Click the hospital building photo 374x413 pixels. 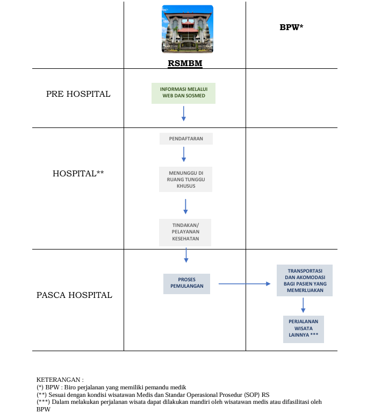188,29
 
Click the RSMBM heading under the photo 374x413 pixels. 185,63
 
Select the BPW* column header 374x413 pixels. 291,27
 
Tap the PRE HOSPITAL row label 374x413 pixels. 78,94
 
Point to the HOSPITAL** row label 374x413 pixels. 78,173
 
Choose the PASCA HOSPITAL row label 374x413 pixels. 74,295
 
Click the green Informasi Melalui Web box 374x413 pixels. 183,93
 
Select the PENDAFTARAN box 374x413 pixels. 186,139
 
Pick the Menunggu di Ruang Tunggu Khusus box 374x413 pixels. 185,180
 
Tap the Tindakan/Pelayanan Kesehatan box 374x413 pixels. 185,232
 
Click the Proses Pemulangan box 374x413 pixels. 186,284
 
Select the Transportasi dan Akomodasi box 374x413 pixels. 305,280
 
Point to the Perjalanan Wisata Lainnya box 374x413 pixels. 304,329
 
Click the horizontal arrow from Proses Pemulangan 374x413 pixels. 244,284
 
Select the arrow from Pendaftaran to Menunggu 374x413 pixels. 184,154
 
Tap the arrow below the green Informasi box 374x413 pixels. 184,113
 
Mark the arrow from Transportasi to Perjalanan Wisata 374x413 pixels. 303,305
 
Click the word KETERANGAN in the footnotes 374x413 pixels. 59,380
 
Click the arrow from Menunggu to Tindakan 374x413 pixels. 185,206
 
